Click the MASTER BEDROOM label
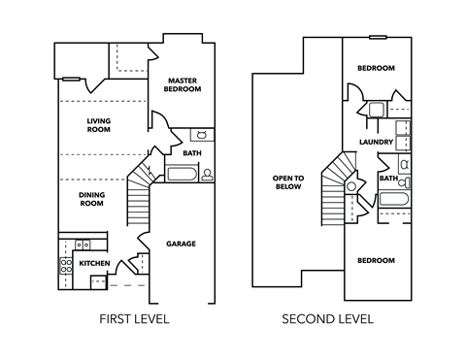[183, 84]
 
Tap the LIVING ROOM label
[99, 124]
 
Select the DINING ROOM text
[91, 199]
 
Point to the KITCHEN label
[94, 263]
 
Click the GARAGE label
[181, 243]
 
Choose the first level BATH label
[191, 152]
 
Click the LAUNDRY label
[375, 143]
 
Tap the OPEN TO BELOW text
[288, 182]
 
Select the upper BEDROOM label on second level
[375, 68]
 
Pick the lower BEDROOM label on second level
[375, 260]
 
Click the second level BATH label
[387, 179]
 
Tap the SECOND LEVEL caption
[327, 318]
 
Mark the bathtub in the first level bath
[183, 175]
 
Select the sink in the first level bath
[203, 135]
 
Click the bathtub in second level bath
[392, 201]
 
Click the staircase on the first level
[142, 199]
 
